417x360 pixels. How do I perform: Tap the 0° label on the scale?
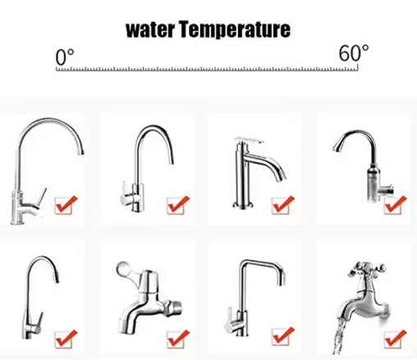tap(65, 57)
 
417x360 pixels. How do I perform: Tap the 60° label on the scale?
tap(354, 52)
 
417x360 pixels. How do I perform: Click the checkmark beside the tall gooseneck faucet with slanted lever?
tap(66, 205)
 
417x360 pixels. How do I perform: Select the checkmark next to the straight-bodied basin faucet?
tap(283, 205)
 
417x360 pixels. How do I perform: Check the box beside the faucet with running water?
tap(395, 339)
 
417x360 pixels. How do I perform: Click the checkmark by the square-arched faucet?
tap(283, 336)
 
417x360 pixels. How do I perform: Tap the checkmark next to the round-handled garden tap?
tap(178, 339)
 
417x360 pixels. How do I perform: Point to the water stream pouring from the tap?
tap(340, 337)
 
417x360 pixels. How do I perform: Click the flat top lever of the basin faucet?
tap(250, 140)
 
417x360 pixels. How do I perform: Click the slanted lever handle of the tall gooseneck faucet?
tap(42, 198)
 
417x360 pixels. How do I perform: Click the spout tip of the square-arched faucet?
tap(281, 281)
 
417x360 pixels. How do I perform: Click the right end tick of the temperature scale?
tap(358, 68)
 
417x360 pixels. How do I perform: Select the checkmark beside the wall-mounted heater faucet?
tap(395, 205)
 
